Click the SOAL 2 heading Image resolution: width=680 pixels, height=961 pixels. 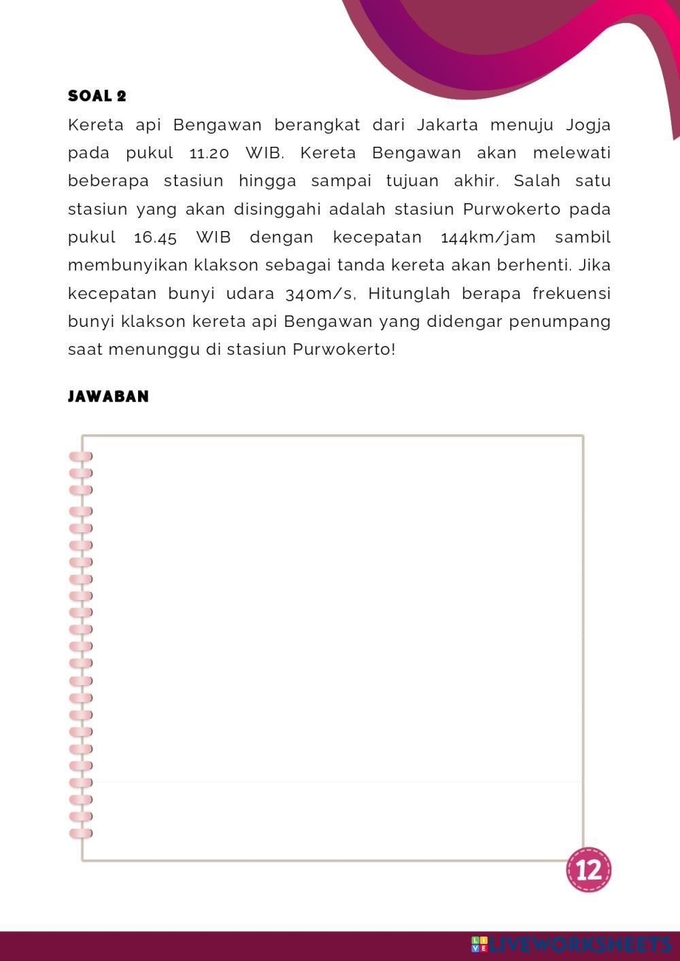pyautogui.click(x=97, y=96)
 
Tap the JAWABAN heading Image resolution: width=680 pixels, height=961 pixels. pyautogui.click(x=108, y=396)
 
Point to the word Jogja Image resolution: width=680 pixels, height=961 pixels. pyautogui.click(x=588, y=125)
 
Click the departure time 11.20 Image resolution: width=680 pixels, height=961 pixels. pyautogui.click(x=209, y=153)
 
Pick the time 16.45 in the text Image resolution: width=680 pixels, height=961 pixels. pyautogui.click(x=156, y=237)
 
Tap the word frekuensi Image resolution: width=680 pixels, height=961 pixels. pyautogui.click(x=571, y=294)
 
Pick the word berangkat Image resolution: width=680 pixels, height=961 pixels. pyautogui.click(x=317, y=125)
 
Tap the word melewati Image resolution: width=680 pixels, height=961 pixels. pyautogui.click(x=571, y=153)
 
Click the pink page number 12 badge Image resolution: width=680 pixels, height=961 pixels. pyautogui.click(x=588, y=869)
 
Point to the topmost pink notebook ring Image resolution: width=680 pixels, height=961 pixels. pyautogui.click(x=80, y=456)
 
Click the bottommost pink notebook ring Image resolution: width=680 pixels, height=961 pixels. pyautogui.click(x=80, y=833)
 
